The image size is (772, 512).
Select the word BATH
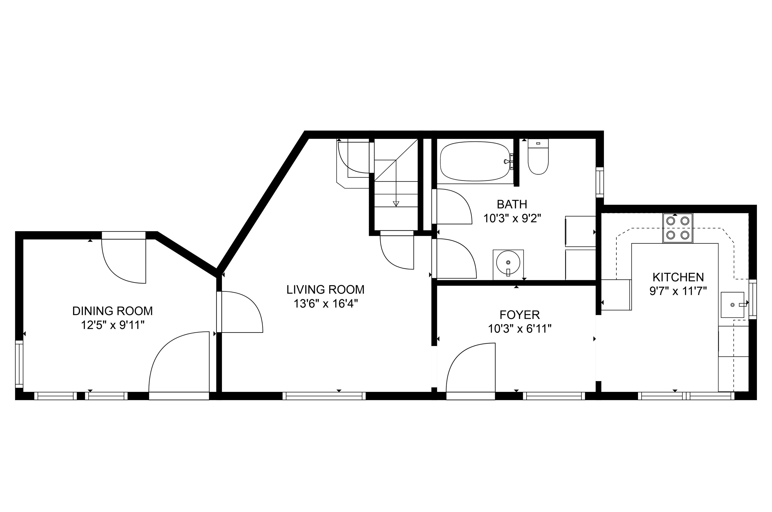512,204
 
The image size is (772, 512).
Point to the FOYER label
519,315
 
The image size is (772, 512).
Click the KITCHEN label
678,277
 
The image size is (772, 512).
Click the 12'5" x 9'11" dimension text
113,325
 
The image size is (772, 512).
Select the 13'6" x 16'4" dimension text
326,304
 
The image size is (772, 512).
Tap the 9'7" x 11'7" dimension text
678,291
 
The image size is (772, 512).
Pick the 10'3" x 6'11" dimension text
519,329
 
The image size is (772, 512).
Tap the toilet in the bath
538,157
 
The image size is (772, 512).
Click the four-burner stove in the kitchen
678,228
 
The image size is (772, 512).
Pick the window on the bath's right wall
600,183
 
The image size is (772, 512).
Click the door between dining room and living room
240,312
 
